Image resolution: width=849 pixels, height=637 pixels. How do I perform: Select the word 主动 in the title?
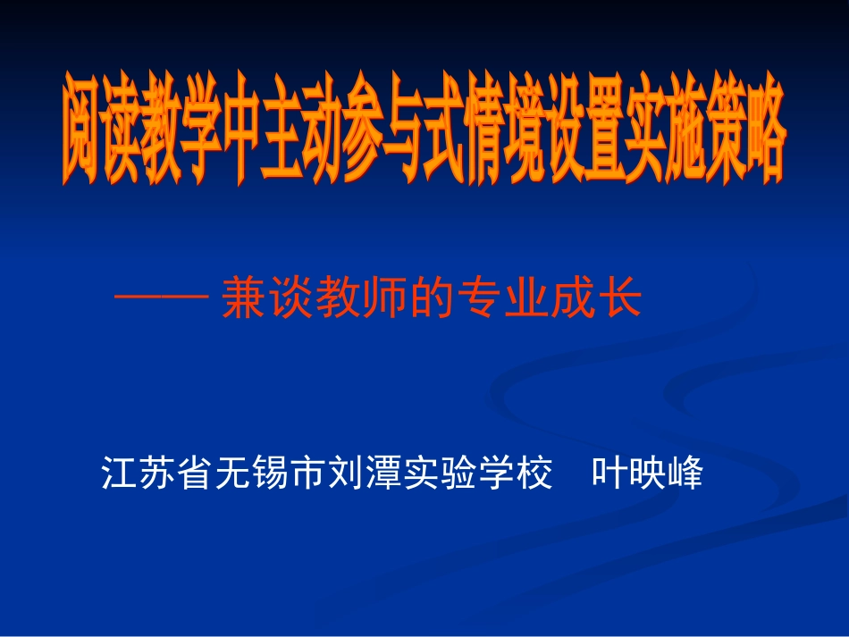(x=309, y=135)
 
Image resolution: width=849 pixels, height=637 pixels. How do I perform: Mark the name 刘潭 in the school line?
(x=363, y=474)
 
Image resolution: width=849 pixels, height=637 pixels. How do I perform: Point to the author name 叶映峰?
(x=649, y=474)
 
